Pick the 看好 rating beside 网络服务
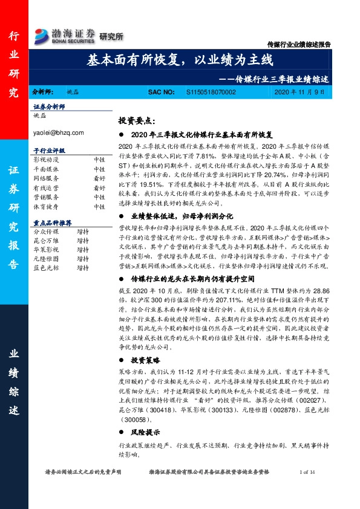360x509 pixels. (x=99, y=180)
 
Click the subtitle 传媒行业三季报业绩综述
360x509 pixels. (x=279, y=79)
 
